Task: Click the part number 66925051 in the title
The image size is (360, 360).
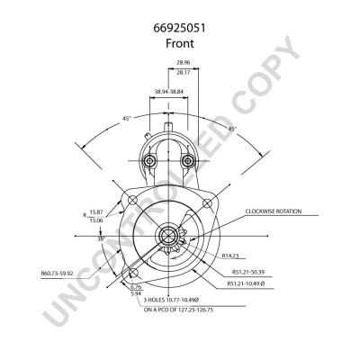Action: [x=180, y=28]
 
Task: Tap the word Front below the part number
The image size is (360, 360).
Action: [x=180, y=43]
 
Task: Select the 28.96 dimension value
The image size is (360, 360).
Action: [x=184, y=62]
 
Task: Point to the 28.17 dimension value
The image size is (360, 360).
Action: [x=184, y=72]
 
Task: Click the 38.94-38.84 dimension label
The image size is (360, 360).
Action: [x=169, y=92]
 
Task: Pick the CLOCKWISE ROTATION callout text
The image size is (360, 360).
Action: [x=274, y=211]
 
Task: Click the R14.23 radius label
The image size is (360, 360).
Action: [x=230, y=256]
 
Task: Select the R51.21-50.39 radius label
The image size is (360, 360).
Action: [x=248, y=273]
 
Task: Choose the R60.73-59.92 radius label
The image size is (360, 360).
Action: [x=57, y=274]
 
